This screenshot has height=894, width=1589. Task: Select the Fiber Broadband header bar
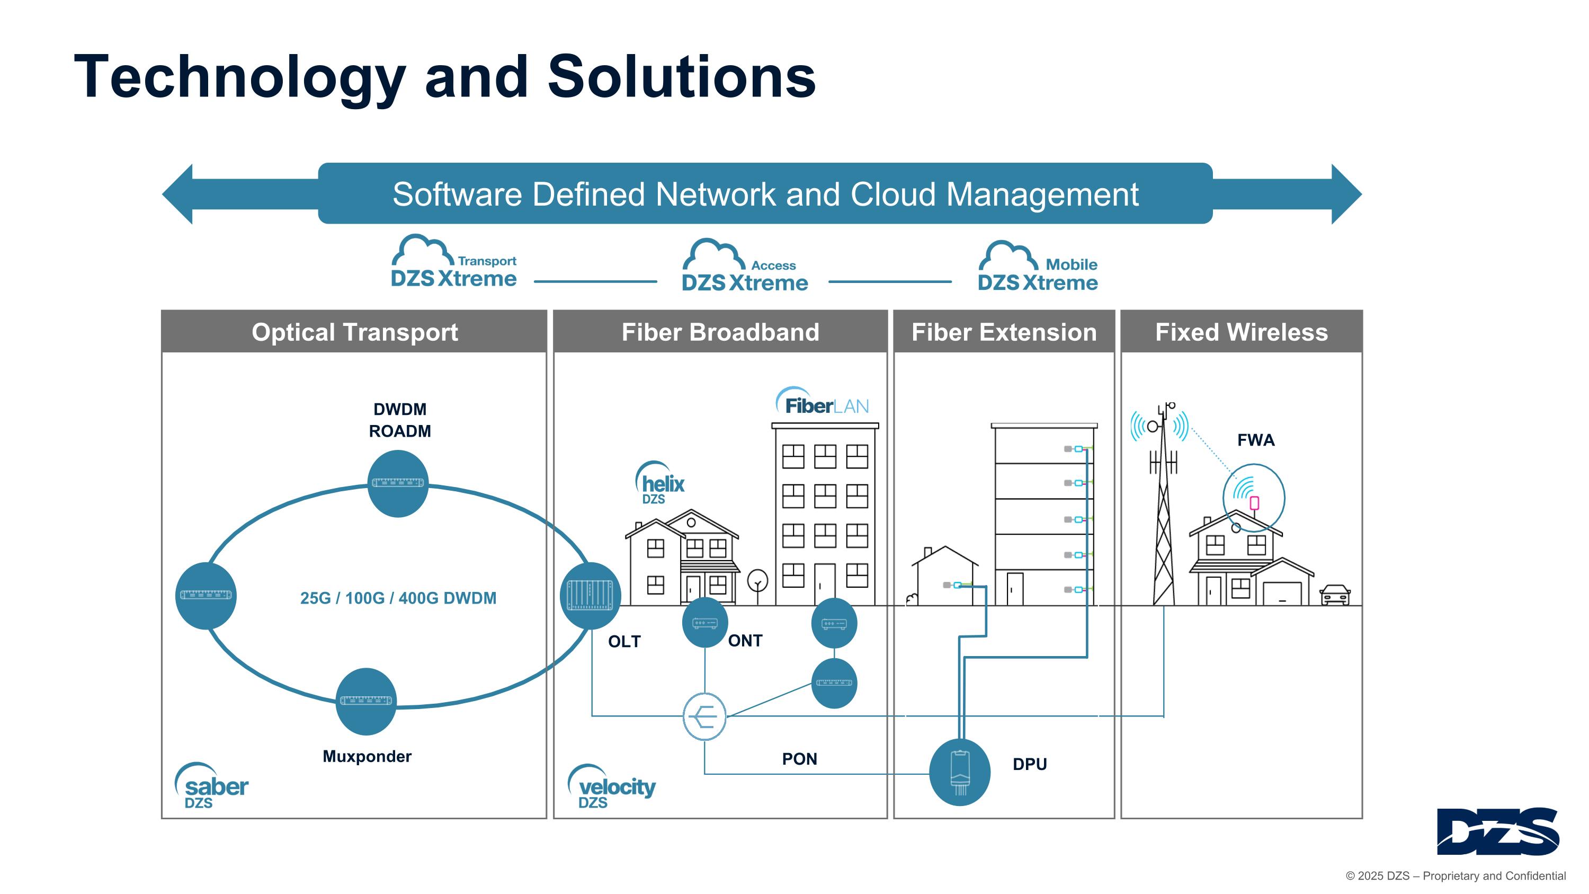point(720,332)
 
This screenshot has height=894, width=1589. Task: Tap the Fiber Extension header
point(1004,332)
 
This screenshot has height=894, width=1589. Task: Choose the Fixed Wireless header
point(1241,332)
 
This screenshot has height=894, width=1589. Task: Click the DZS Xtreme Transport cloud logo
point(453,263)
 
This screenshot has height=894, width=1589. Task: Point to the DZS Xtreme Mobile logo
point(1038,267)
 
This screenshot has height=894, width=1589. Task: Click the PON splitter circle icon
point(704,716)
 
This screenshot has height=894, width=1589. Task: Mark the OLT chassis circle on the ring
point(590,596)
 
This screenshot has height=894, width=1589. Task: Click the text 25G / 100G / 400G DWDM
point(398,598)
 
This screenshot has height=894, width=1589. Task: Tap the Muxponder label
point(367,756)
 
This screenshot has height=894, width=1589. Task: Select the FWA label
point(1255,440)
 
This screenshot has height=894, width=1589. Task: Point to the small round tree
point(757,581)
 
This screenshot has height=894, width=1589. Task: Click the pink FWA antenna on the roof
point(1254,503)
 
